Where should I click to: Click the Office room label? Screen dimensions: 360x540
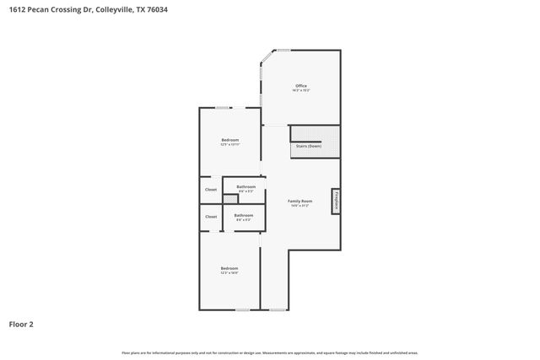(x=301, y=85)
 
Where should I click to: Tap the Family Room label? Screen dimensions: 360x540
(x=300, y=201)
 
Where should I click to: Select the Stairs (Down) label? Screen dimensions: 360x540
(x=308, y=146)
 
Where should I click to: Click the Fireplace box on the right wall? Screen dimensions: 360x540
(x=336, y=201)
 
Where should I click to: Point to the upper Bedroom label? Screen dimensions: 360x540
(x=230, y=139)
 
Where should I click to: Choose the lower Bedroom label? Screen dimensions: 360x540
(x=229, y=268)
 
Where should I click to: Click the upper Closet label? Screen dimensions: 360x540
(x=211, y=190)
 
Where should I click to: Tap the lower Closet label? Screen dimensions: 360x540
(x=211, y=217)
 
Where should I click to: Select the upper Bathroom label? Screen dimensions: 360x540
(x=246, y=186)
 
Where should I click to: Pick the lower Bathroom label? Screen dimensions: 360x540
(x=244, y=215)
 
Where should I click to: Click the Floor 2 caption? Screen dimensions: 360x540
(x=21, y=324)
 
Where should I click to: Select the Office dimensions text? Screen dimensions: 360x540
(x=301, y=90)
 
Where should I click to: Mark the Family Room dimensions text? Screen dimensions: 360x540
(x=300, y=206)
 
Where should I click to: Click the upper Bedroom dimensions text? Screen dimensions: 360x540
(x=230, y=144)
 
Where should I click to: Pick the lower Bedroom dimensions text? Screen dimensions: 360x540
(x=229, y=273)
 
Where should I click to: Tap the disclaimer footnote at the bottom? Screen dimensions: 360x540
(x=270, y=352)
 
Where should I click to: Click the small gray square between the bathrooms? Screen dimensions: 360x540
(x=230, y=200)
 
